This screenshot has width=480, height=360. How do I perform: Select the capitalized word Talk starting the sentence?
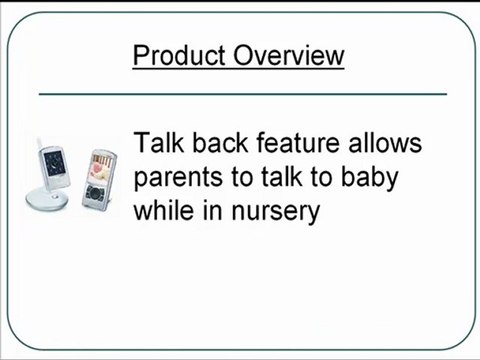coord(161,144)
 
